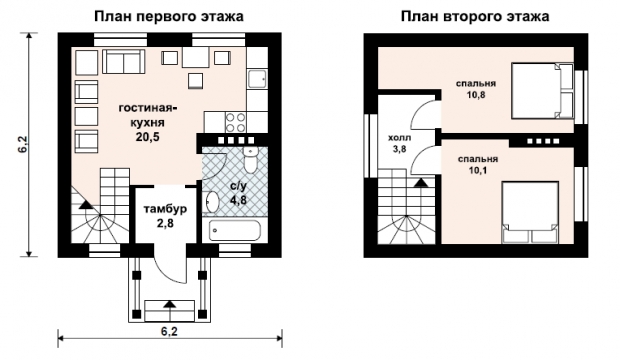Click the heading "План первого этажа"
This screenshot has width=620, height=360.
point(169,17)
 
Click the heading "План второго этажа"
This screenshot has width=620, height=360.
point(475,17)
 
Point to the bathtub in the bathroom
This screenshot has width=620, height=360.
point(235,230)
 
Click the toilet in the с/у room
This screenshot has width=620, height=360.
point(250,160)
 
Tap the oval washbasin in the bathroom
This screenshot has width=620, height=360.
point(213,202)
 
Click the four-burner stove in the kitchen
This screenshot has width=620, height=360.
point(236,122)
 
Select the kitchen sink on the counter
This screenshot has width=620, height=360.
point(257,79)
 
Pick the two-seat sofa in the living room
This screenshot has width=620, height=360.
point(123,62)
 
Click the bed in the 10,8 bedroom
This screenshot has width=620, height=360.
point(542,91)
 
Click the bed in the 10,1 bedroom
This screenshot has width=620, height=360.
point(530,212)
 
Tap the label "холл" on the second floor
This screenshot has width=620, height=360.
point(399,138)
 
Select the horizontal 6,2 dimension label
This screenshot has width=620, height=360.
point(169,331)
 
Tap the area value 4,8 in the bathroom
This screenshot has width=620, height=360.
point(238,200)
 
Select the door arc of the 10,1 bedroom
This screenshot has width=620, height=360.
point(422,159)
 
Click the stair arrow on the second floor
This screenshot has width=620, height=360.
point(420,182)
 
